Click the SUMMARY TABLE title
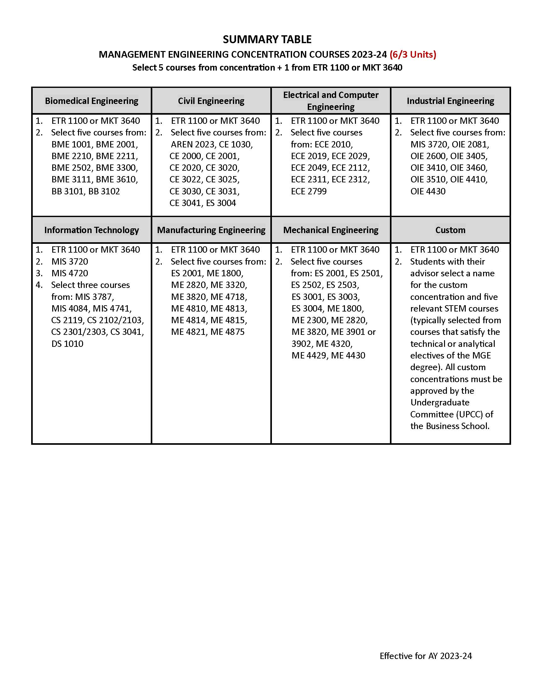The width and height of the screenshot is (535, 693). click(x=267, y=39)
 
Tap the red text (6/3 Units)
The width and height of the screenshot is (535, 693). click(x=413, y=54)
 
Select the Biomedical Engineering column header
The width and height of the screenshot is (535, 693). click(x=92, y=101)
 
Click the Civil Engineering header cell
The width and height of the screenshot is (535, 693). click(x=211, y=101)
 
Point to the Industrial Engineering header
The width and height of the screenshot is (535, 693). click(x=450, y=101)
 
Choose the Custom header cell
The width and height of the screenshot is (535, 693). click(x=450, y=230)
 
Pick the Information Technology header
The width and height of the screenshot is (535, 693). click(x=92, y=230)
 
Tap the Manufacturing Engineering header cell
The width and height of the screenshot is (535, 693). click(x=211, y=230)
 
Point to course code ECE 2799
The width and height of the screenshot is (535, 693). click(x=309, y=191)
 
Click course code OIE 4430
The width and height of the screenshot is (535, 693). click(x=428, y=191)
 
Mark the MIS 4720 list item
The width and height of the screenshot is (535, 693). click(x=70, y=273)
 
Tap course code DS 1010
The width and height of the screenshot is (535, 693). click(x=67, y=344)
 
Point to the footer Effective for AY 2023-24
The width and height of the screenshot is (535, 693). click(x=426, y=656)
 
